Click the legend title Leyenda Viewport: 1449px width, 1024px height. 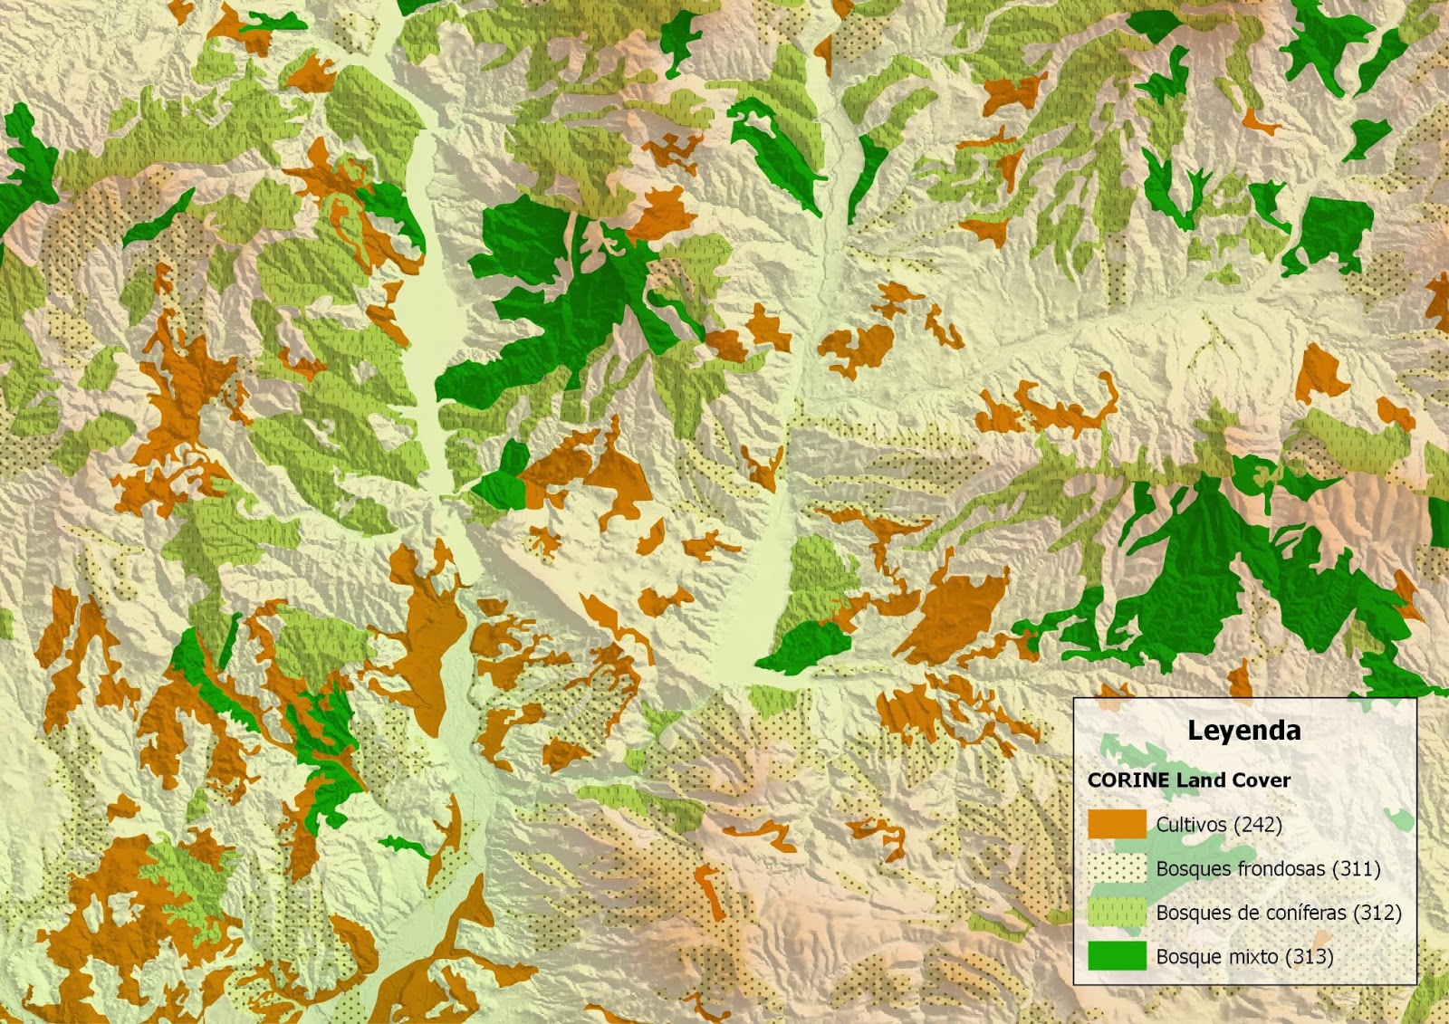(1243, 731)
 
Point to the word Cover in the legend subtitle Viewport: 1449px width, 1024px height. (1261, 780)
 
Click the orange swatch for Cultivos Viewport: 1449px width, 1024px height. (1117, 824)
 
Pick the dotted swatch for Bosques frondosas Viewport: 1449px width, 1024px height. (1117, 868)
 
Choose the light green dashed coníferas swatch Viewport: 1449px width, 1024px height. (1117, 913)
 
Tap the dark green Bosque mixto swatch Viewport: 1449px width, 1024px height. (1117, 956)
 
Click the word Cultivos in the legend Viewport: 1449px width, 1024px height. (1191, 825)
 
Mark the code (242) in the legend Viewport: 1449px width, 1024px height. (1257, 825)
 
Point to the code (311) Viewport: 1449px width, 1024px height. (1356, 869)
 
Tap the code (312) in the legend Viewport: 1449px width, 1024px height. (1377, 913)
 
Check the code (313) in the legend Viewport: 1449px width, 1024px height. (1309, 957)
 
